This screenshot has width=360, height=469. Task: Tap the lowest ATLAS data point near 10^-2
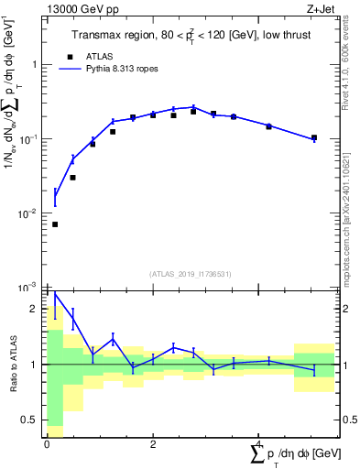tap(55, 224)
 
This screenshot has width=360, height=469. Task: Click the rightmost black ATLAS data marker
tap(314, 138)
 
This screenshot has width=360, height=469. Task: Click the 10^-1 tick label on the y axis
tap(30, 139)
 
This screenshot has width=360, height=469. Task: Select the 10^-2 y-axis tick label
tap(30, 213)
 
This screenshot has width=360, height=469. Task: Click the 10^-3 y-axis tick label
tap(30, 287)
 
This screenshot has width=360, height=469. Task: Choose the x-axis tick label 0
tap(47, 442)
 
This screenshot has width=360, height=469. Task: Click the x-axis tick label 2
tap(153, 442)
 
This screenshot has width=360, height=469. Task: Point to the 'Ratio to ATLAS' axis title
tap(12, 365)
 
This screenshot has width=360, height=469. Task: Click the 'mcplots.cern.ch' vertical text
tap(352, 220)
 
